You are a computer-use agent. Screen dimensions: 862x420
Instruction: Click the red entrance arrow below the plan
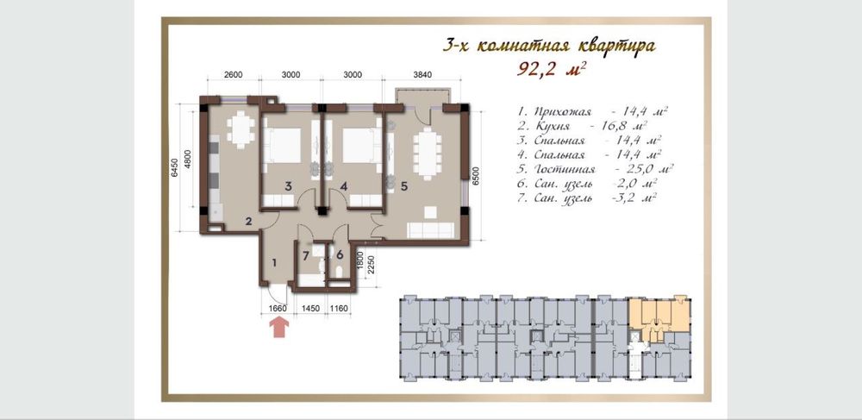(279, 329)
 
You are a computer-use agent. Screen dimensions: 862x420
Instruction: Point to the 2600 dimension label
(233, 75)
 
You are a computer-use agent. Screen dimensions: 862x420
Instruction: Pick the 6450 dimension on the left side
(174, 167)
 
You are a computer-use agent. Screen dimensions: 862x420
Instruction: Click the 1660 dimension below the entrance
(278, 309)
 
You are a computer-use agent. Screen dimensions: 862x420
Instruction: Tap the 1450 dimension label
(311, 309)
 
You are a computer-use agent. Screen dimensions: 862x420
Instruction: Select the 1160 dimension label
(340, 309)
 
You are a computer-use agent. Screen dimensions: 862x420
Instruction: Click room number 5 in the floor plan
(404, 186)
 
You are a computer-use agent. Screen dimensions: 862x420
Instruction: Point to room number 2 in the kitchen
(248, 222)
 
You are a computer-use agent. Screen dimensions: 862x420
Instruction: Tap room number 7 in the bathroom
(306, 255)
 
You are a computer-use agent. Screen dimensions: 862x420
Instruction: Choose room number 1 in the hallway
(274, 263)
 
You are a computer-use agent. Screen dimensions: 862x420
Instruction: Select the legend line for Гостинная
(596, 169)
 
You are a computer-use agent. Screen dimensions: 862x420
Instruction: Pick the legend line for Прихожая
(592, 111)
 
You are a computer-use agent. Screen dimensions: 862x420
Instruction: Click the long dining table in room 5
(427, 154)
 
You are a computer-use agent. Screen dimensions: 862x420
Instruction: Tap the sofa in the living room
(430, 229)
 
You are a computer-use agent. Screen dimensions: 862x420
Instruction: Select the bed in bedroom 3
(282, 146)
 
